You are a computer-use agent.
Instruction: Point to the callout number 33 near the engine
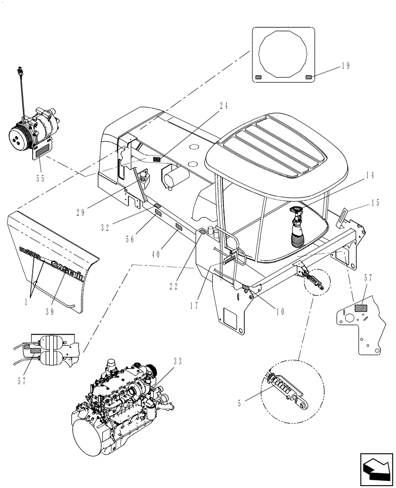(178, 362)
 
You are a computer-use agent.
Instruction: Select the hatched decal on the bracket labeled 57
(361, 308)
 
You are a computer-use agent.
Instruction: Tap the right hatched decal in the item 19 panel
(308, 77)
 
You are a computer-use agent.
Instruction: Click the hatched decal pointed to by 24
(157, 160)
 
